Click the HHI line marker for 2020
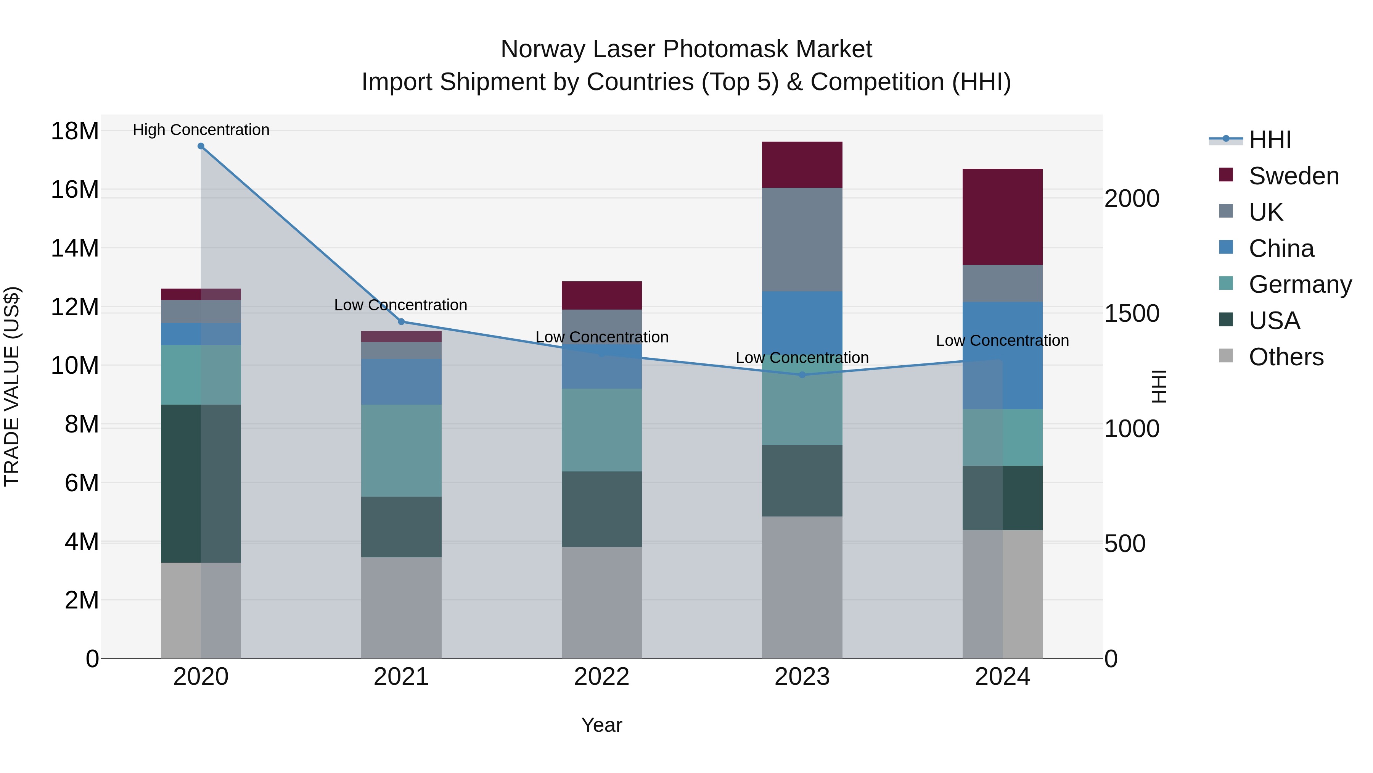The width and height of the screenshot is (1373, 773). [201, 146]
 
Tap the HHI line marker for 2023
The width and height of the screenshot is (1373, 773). [802, 375]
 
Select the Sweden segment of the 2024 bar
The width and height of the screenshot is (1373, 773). [1002, 216]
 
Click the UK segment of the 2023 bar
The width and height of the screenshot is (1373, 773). [802, 239]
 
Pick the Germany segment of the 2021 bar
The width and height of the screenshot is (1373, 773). [401, 451]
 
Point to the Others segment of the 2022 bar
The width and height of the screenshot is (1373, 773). [602, 603]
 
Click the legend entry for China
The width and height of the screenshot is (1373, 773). [1281, 249]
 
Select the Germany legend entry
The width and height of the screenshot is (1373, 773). [1299, 284]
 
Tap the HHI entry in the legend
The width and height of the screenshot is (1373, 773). [1270, 140]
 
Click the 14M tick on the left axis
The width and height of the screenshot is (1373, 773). [75, 249]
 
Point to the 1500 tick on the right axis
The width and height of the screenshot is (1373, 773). [1132, 314]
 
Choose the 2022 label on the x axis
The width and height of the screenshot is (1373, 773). [602, 677]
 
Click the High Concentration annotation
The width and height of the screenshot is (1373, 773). [201, 130]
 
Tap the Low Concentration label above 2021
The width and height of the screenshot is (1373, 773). [401, 305]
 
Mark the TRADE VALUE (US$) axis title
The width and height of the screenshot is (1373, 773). [12, 386]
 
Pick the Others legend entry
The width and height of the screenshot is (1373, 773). [1286, 357]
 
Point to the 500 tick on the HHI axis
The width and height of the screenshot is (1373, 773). [1125, 544]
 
